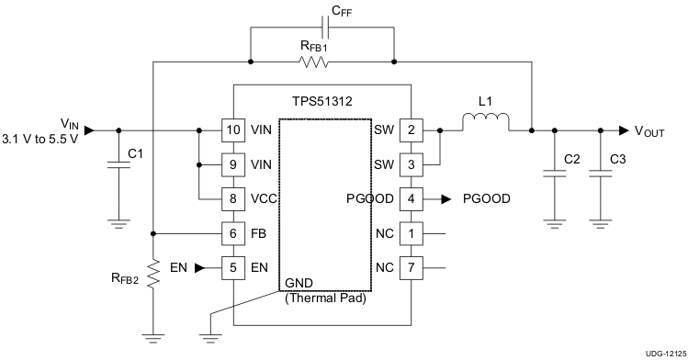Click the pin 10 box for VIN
[232, 130]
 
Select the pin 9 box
[232, 164]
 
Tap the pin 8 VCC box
[232, 198]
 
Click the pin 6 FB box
[232, 233]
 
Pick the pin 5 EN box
[232, 268]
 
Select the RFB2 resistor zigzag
[154, 273]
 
